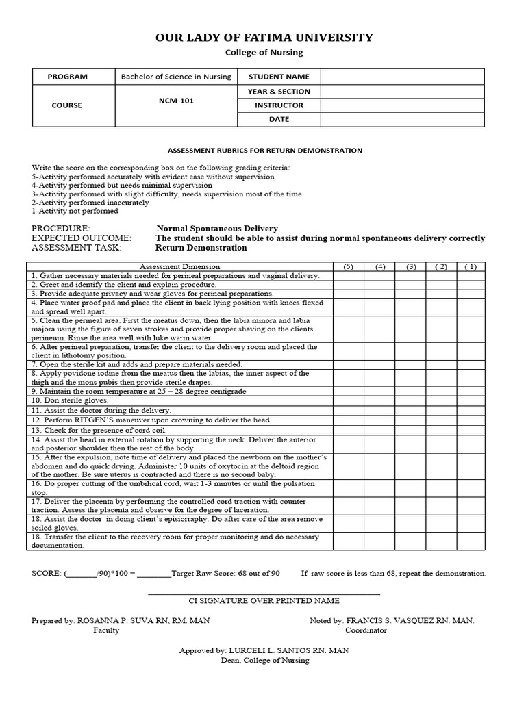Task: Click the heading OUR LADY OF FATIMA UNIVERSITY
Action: (x=264, y=38)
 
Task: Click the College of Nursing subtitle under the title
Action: (x=264, y=53)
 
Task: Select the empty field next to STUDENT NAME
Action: (x=402, y=77)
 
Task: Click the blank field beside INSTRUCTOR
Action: (x=402, y=105)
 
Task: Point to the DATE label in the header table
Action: (x=279, y=119)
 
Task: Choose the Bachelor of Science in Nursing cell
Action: (x=176, y=77)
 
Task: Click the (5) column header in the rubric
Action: (x=348, y=266)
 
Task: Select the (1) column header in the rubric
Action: (x=471, y=266)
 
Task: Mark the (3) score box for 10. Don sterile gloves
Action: (x=410, y=400)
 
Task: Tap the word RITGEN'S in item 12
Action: (x=99, y=420)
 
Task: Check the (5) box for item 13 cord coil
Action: (x=348, y=429)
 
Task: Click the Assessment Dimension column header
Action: (x=179, y=266)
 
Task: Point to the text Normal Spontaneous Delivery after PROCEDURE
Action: (x=217, y=229)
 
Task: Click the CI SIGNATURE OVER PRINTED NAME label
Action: (x=264, y=600)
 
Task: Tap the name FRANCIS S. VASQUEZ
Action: (x=388, y=620)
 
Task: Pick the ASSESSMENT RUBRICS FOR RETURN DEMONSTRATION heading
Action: (x=265, y=150)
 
